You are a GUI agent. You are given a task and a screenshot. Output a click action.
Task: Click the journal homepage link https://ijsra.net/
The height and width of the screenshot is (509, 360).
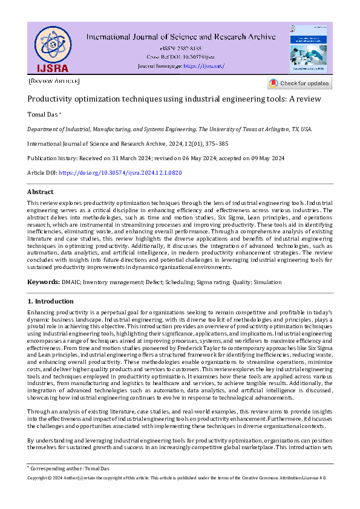point(204,65)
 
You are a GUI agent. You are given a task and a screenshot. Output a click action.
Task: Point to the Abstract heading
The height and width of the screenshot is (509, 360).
point(41,192)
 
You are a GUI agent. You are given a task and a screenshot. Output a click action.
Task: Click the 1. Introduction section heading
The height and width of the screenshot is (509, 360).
point(51,301)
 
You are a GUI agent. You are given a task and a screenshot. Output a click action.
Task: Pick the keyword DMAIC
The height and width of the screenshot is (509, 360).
point(71,282)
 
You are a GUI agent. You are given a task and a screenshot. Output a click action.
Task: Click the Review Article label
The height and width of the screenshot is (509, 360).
point(54,81)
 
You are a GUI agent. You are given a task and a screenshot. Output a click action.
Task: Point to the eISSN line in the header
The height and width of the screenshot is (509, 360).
point(181,47)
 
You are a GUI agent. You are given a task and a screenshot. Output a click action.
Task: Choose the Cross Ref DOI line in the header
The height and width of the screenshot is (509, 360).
point(181,56)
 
